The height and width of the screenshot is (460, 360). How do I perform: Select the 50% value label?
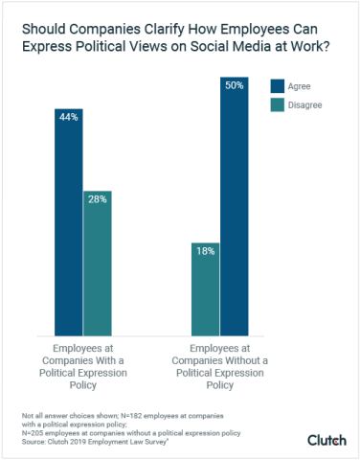coord(234,86)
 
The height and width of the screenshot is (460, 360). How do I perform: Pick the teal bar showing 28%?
coord(97,268)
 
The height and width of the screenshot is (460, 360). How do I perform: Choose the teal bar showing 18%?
coord(205,292)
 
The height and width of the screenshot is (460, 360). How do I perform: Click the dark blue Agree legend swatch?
coord(277,86)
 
